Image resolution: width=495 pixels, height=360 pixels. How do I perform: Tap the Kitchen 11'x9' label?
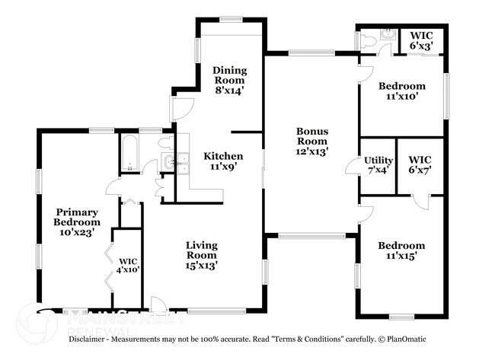click(223, 161)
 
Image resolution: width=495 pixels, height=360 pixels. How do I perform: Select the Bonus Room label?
click(311, 141)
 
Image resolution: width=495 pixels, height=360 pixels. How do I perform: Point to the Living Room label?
click(202, 255)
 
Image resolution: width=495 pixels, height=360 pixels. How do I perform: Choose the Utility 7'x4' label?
click(378, 165)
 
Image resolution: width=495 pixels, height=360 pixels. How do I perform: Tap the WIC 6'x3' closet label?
click(422, 40)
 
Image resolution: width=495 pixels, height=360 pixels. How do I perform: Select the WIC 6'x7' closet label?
click(420, 165)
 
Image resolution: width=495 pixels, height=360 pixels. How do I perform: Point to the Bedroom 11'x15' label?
click(401, 250)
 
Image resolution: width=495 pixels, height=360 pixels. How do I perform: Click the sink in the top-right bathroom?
click(388, 35)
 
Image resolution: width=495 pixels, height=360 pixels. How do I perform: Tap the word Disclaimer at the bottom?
click(91, 339)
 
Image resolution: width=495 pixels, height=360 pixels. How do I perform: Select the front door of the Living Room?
click(158, 304)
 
